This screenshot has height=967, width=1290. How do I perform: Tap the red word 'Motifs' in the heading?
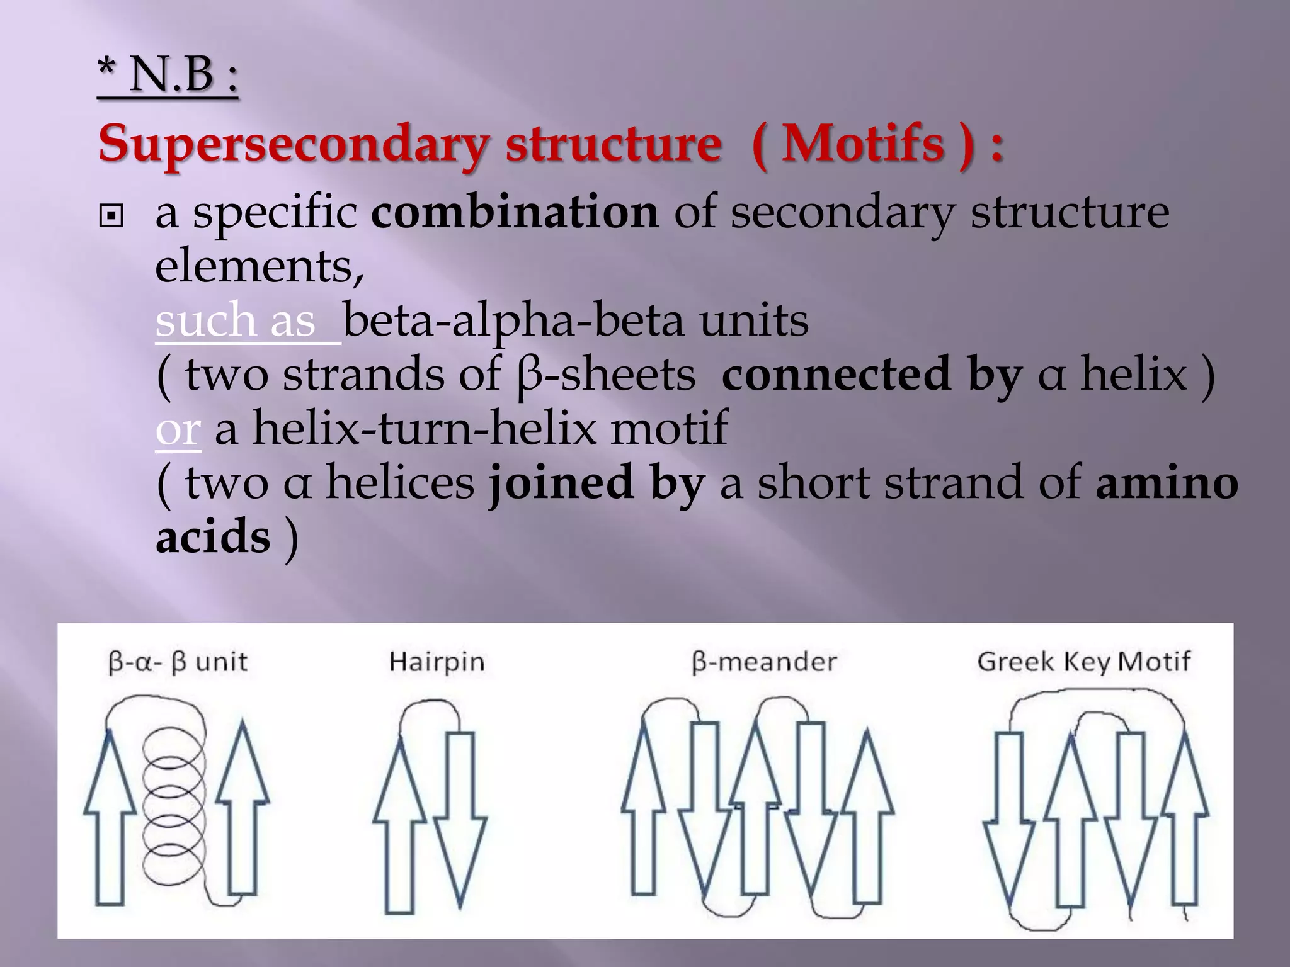pos(863,144)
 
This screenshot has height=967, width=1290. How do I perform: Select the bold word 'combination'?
pos(515,212)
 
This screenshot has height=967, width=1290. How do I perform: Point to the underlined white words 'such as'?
pos(236,320)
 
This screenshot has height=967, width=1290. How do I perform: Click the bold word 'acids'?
pos(213,538)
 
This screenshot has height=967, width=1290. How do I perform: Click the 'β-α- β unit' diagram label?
pos(178,662)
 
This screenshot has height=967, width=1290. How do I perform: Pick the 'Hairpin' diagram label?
pos(437,662)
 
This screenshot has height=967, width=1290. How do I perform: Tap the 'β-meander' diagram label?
pos(764,662)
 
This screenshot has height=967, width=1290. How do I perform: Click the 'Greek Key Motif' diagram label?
pos(1083,662)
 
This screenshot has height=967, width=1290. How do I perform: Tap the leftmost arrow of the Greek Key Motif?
pos(1009,818)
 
